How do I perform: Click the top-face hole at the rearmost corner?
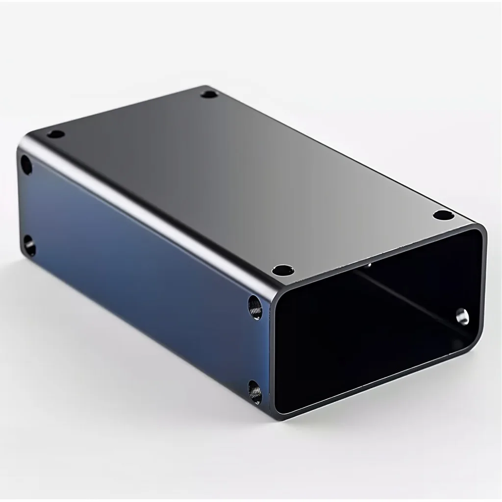click(209, 94)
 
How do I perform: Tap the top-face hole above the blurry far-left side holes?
click(56, 134)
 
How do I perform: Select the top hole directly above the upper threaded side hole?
click(283, 270)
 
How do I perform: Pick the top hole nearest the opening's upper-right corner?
click(444, 215)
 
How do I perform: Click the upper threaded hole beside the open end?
click(255, 308)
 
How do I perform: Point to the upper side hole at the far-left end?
click(26, 166)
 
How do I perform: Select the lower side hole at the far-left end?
click(30, 246)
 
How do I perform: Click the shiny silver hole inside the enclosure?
click(462, 316)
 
